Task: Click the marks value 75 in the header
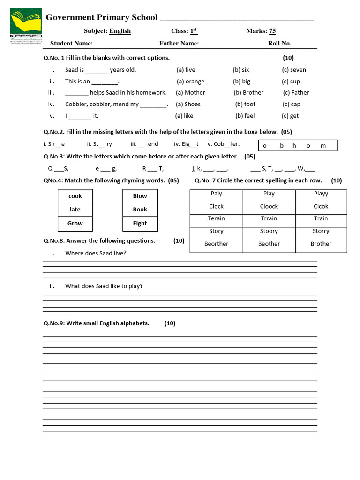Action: pos(272,31)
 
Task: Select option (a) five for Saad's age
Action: pos(186,70)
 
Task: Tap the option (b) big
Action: pos(242,81)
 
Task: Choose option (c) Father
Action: pos(296,92)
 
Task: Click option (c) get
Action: pos(290,116)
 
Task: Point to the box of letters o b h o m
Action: pos(298,145)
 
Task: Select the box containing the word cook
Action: pos(75,196)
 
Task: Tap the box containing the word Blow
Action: pos(140,196)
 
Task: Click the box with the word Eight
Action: pos(140,223)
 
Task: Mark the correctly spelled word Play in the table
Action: pos(269,194)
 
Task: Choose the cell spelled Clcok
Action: pos(321,206)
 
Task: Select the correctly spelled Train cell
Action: pos(321,218)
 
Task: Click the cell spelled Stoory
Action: pos(269,231)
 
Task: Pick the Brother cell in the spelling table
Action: pos(321,244)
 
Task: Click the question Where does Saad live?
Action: pos(96,253)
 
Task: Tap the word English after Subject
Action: pos(120,31)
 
